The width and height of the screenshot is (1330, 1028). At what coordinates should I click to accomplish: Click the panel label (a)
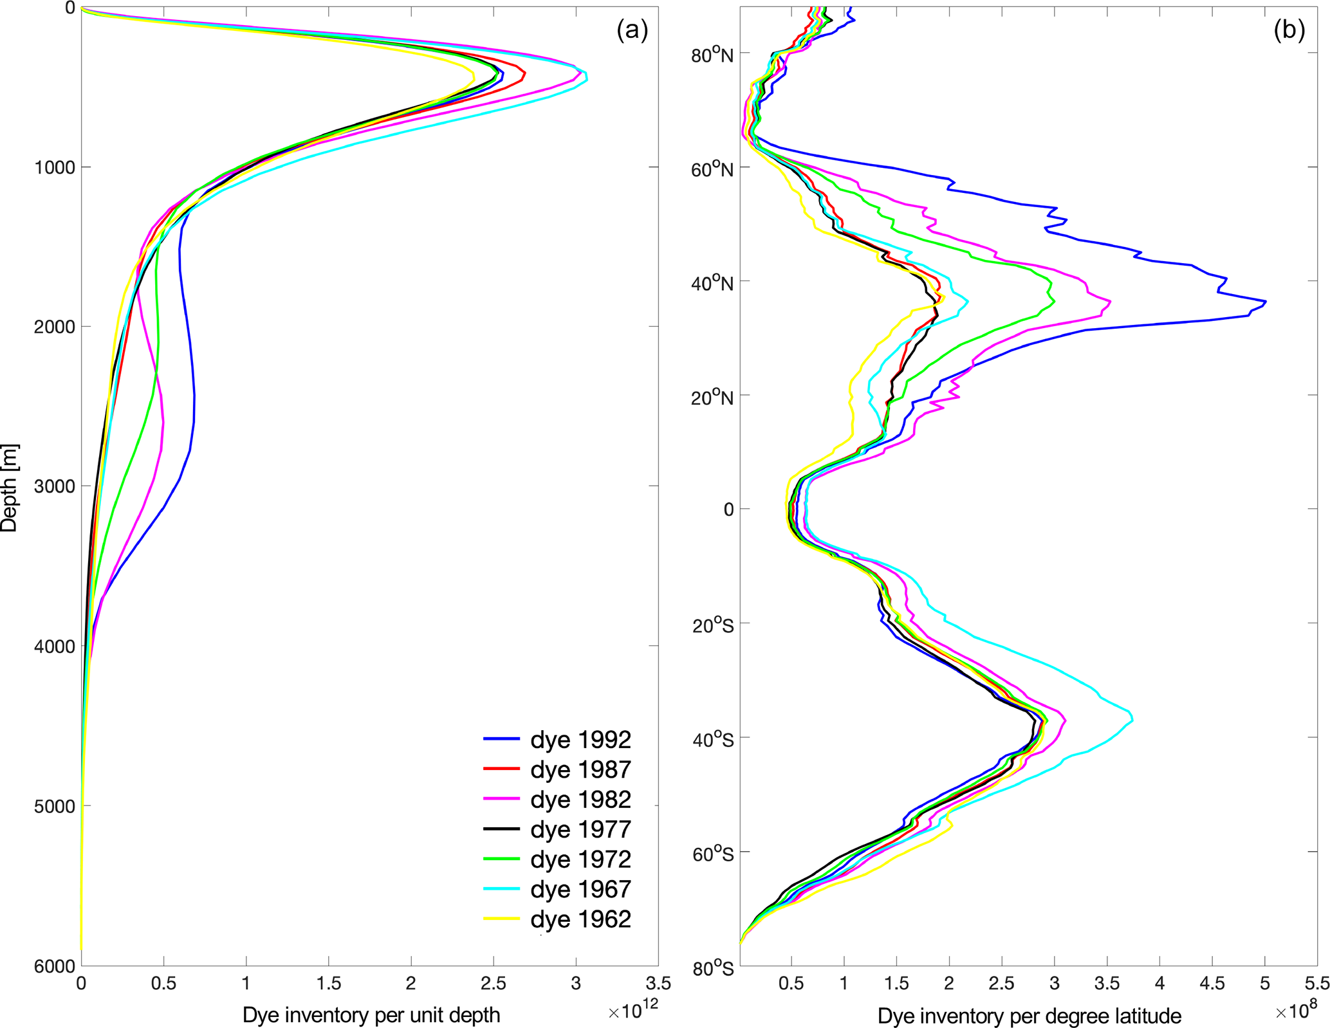[x=632, y=30]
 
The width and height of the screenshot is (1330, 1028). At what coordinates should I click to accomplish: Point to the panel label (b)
[x=1289, y=30]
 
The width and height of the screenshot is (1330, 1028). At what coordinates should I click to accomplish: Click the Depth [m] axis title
[x=9, y=488]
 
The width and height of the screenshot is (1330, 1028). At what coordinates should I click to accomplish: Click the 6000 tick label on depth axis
[x=54, y=966]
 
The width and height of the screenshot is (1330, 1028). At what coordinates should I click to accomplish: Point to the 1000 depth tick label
[x=54, y=168]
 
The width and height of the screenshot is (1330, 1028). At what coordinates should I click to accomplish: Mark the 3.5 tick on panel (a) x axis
[x=658, y=984]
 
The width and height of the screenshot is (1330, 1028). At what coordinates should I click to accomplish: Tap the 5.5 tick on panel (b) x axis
[x=1316, y=984]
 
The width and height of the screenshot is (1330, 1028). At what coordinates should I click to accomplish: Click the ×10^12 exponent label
[x=633, y=1011]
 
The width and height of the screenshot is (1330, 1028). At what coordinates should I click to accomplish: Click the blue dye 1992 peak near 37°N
[x=1265, y=302]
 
